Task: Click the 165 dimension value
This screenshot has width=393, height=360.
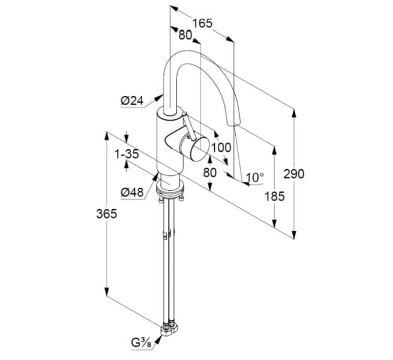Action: coord(202,23)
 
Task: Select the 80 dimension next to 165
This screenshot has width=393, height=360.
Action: coord(185,35)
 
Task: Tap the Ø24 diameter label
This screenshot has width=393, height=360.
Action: coord(131,101)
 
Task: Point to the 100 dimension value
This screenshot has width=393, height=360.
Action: coord(221,147)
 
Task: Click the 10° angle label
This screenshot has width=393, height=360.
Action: coord(254,178)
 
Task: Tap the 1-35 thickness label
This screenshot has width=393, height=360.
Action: coord(127,154)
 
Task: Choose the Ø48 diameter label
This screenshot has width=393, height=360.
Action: coord(131,192)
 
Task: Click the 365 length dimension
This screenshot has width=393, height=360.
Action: coord(106,214)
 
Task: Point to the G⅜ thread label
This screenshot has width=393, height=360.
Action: coord(142,343)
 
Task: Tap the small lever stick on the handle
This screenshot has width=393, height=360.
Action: coord(186,124)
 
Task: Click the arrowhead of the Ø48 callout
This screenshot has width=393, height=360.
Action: coord(157,176)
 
